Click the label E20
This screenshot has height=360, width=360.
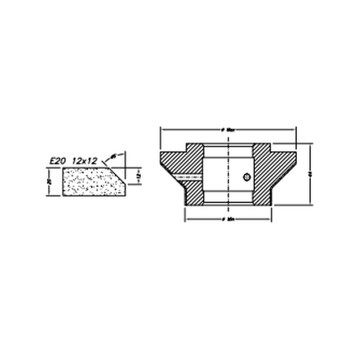pos(57,161)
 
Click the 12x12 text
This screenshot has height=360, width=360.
pos(84,161)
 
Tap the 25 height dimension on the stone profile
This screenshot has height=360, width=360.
pos(50,181)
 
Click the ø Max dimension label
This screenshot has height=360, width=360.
pos(228,130)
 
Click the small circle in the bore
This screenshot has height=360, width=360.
pos(247,177)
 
